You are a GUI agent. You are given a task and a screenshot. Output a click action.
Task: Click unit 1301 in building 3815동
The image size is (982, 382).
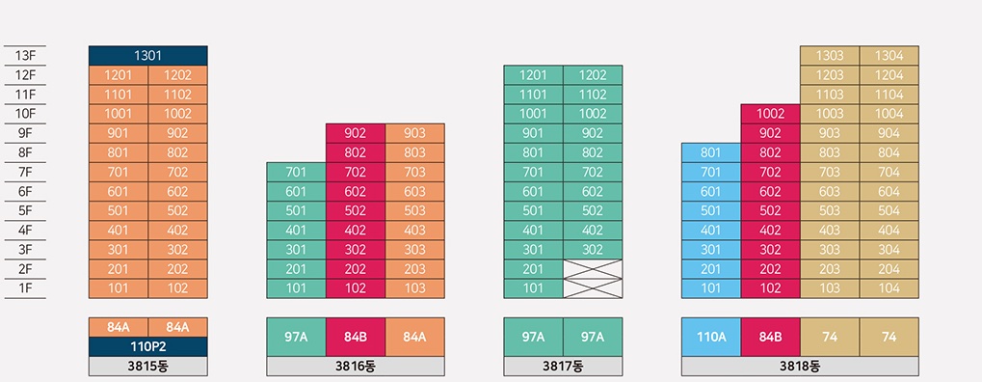tap(147, 56)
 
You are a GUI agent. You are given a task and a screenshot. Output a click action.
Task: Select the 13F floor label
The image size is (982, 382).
tap(25, 56)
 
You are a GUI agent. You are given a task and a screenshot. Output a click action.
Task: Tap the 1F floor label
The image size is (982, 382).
tap(25, 287)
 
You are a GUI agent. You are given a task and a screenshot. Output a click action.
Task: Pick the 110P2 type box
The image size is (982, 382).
tap(147, 346)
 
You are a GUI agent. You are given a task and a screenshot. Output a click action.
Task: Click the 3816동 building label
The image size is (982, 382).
tap(355, 367)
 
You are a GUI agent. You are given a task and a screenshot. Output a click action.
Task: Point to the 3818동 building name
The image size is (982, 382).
tap(800, 367)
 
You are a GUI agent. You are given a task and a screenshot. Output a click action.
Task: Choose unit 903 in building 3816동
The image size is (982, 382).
tap(414, 133)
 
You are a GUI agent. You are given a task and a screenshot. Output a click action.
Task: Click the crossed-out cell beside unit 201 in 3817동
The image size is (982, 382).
tap(593, 268)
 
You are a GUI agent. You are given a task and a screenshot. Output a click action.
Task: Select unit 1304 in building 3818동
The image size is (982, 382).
tap(889, 56)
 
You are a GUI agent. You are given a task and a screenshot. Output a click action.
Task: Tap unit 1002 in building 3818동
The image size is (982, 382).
tap(770, 114)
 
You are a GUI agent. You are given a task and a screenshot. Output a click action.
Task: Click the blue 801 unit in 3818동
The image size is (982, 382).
tap(710, 152)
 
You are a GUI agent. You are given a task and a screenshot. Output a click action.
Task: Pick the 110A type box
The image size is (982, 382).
tap(710, 337)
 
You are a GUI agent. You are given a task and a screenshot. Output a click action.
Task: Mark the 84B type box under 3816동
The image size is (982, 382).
tap(355, 337)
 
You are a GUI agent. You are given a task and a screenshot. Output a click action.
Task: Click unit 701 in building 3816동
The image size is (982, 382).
tap(296, 172)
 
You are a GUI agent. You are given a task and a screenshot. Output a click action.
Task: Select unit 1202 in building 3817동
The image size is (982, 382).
tap(593, 75)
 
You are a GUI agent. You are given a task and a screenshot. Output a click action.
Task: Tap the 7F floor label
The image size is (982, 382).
tap(25, 172)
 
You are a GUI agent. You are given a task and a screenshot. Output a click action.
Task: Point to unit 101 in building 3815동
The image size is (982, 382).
tap(118, 287)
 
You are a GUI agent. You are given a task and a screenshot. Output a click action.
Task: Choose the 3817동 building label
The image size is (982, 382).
tap(563, 367)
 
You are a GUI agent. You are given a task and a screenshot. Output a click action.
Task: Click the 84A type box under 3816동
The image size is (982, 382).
tap(414, 337)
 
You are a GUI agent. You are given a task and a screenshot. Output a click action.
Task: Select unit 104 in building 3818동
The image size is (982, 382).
tap(889, 287)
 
